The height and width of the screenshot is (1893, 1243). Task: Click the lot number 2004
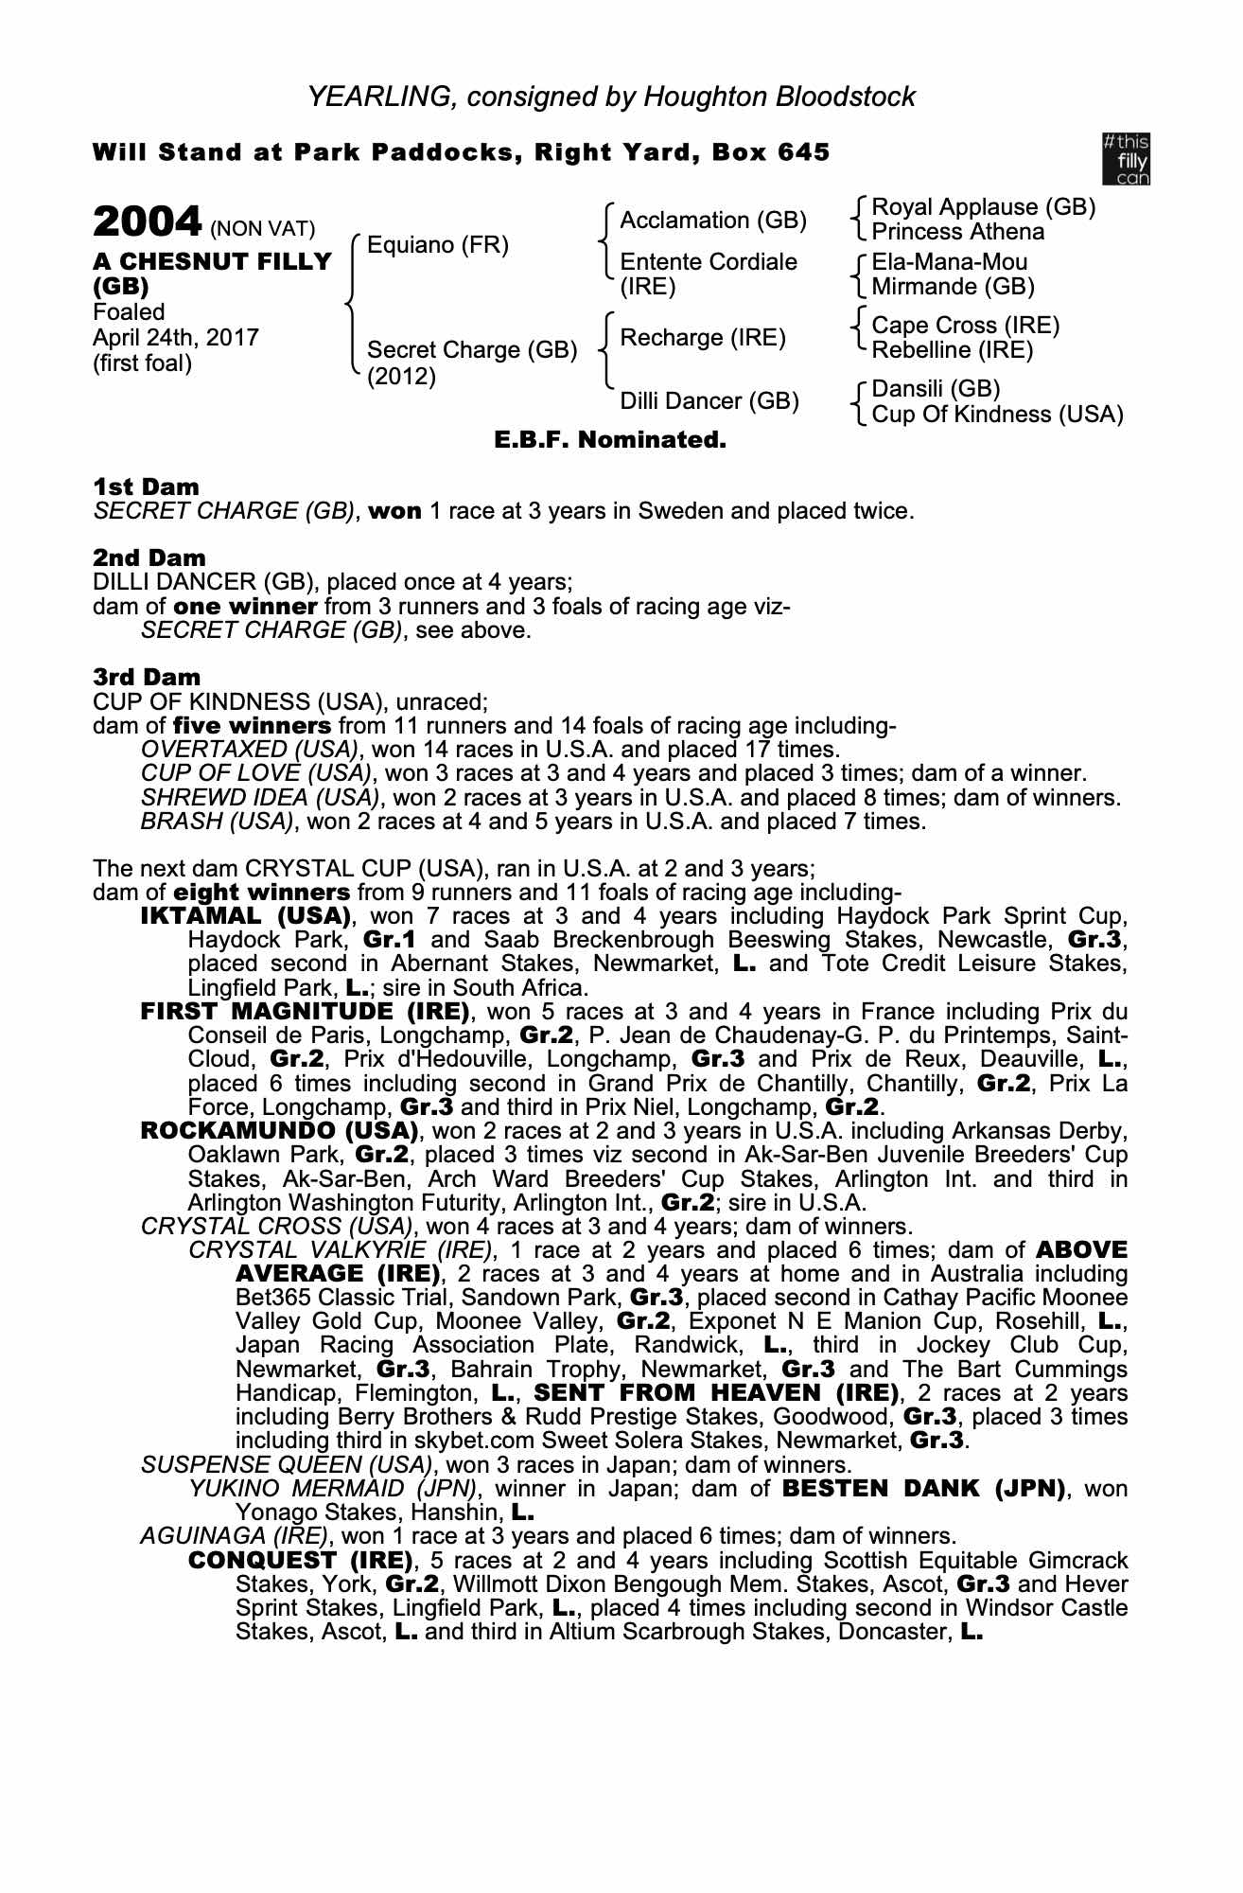tap(147, 222)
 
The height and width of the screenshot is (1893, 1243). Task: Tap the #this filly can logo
tap(1126, 159)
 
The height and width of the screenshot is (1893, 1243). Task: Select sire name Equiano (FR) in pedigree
tap(437, 246)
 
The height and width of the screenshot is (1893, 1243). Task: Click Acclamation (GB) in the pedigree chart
tap(712, 221)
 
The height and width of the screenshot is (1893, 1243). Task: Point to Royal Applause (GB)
tap(983, 207)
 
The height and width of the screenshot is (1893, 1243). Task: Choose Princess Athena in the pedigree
tap(957, 232)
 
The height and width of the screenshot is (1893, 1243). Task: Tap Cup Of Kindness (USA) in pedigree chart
tap(997, 415)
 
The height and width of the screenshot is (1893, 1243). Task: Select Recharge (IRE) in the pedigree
tap(702, 338)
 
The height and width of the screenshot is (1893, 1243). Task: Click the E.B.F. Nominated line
tap(610, 440)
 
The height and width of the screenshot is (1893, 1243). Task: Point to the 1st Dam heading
tap(146, 487)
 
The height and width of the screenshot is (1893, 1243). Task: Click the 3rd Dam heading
tap(147, 677)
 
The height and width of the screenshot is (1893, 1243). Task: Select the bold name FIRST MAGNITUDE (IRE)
tap(305, 1012)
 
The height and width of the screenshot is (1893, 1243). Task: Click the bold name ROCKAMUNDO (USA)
tap(279, 1131)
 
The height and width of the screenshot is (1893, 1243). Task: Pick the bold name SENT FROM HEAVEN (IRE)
tap(715, 1393)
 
